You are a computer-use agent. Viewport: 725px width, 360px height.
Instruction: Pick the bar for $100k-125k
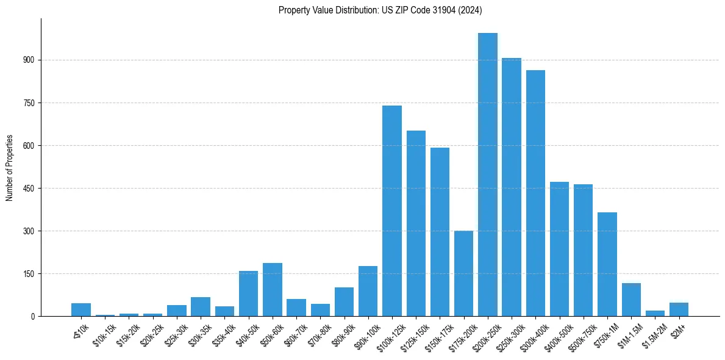tap(392, 211)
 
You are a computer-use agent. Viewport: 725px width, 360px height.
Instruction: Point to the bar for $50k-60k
tap(273, 290)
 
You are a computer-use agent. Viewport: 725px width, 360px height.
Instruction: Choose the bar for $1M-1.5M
tap(631, 300)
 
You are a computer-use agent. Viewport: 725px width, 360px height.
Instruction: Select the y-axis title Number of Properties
tap(9, 168)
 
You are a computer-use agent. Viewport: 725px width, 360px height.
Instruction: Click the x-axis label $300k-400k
tap(532, 334)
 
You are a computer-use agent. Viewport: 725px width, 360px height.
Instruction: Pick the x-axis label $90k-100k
tap(365, 334)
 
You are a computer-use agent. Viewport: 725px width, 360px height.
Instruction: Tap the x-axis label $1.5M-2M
tap(651, 334)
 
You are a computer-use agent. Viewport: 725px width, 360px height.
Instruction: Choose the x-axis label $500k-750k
tap(580, 334)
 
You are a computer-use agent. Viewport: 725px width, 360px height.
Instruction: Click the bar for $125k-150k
tap(416, 223)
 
